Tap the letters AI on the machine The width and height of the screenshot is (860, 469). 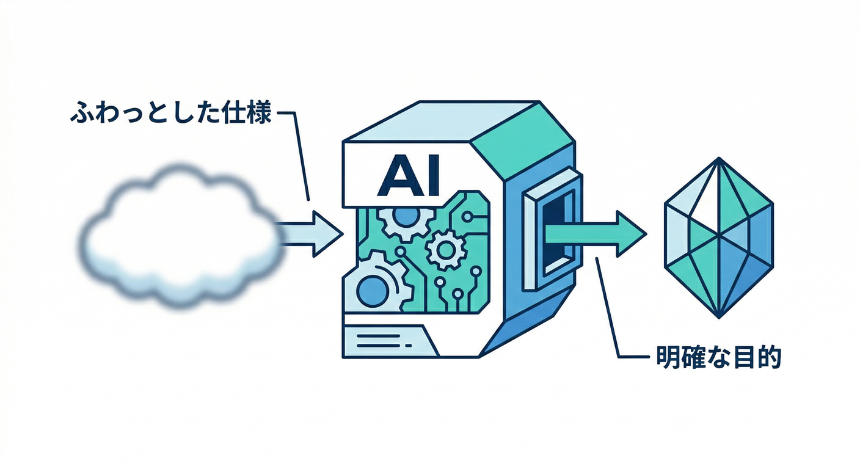[408, 175]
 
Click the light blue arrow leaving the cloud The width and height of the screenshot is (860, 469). [309, 233]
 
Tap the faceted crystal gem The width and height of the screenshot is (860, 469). [719, 238]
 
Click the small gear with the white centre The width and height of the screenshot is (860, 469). [446, 250]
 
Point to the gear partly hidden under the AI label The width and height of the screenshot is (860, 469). [407, 224]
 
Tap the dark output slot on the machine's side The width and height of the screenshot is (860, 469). [553, 233]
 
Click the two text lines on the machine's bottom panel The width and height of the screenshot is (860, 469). [384, 341]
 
